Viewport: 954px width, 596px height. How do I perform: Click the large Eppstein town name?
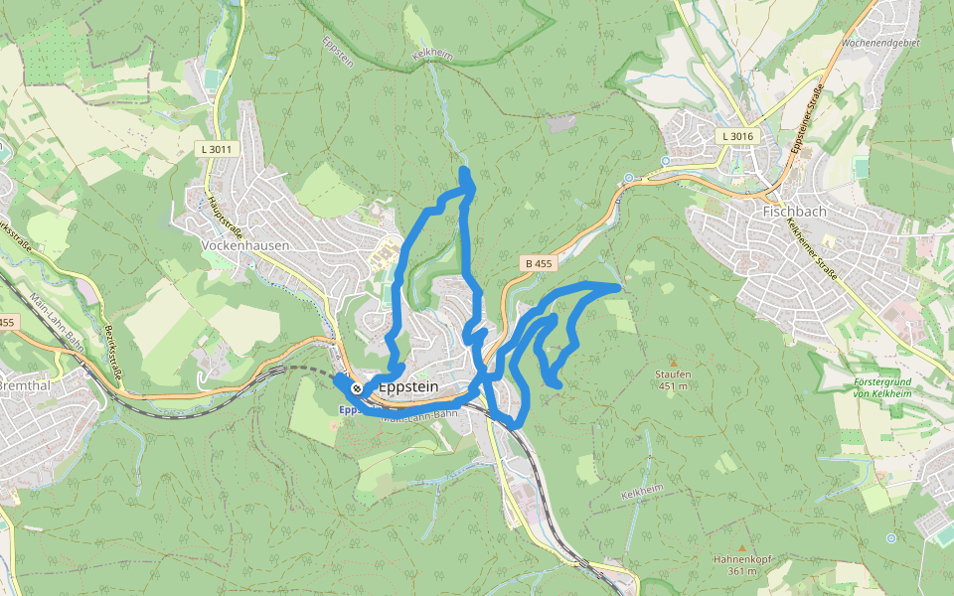pyautogui.click(x=408, y=387)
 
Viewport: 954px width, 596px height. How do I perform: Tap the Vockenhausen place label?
pyautogui.click(x=244, y=244)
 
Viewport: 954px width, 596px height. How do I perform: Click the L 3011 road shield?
pyautogui.click(x=216, y=149)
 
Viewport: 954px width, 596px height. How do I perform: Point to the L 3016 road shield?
pyautogui.click(x=738, y=135)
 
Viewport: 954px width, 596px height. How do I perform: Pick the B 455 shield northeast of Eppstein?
pyautogui.click(x=538, y=263)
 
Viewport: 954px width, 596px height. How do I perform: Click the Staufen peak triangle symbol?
pyautogui.click(x=673, y=362)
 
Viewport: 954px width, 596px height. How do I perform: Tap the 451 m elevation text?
pyautogui.click(x=673, y=385)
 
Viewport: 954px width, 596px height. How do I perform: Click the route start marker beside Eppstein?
pyautogui.click(x=356, y=387)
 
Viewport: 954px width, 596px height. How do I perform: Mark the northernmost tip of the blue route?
pyautogui.click(x=464, y=172)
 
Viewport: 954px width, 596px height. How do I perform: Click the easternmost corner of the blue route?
pyautogui.click(x=618, y=286)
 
